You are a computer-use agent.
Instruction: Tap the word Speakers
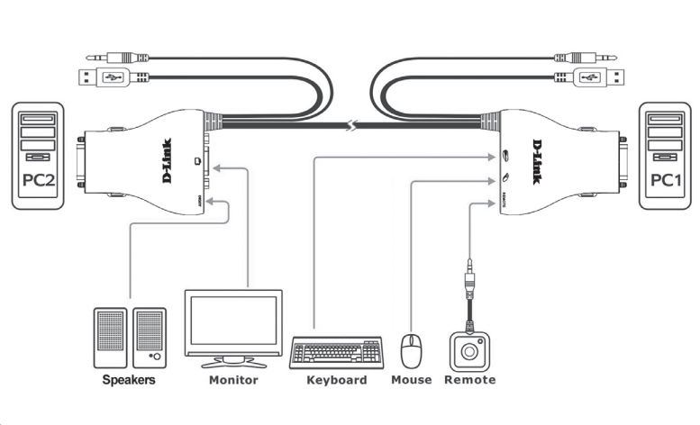(x=128, y=380)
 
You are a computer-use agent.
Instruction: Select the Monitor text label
(x=233, y=380)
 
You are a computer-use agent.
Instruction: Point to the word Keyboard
(x=337, y=380)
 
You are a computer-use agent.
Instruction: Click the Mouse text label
(x=411, y=380)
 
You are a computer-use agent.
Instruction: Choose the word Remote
(x=469, y=380)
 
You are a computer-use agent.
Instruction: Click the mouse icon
(x=412, y=351)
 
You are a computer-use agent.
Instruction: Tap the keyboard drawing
(x=336, y=352)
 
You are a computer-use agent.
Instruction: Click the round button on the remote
(x=468, y=349)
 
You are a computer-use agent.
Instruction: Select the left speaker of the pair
(x=110, y=337)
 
